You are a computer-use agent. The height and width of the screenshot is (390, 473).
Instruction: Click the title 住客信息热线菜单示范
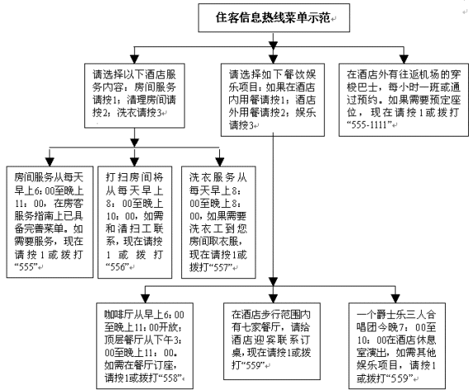273,17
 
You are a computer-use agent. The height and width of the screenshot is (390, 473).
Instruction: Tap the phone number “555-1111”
370,124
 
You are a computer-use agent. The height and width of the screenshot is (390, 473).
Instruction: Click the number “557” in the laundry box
222,267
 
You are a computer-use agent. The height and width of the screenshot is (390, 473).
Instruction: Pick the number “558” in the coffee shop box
170,378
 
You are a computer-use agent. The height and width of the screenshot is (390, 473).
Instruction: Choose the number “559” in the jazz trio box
399,378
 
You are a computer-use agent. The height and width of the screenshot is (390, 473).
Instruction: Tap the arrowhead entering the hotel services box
134,59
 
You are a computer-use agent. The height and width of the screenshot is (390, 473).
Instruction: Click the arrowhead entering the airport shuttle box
404,59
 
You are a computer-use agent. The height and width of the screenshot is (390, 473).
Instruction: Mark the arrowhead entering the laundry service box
220,161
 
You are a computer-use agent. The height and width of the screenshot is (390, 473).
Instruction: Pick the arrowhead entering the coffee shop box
146,298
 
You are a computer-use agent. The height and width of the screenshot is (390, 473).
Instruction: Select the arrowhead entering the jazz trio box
395,298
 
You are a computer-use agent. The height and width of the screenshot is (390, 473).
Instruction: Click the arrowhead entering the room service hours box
50,161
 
